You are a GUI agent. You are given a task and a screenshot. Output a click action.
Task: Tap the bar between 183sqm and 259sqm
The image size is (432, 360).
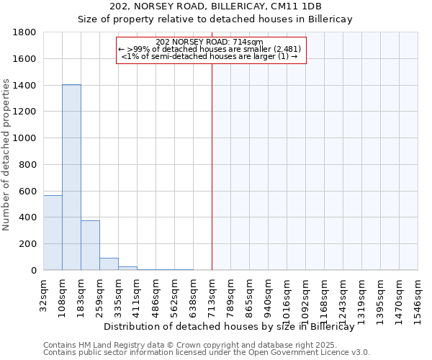coord(90,245)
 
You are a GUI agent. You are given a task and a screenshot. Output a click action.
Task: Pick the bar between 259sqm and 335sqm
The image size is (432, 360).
coord(109,264)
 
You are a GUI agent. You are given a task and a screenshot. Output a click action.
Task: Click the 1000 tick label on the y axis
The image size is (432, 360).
coord(26,138)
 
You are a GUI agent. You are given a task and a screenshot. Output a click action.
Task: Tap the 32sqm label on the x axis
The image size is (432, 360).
coord(43,295)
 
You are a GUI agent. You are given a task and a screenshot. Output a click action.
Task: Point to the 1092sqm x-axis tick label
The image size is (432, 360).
coord(305,300)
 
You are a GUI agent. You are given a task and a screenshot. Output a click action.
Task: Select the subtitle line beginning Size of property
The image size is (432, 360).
coord(215,19)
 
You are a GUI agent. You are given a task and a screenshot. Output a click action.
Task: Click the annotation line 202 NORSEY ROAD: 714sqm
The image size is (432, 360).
coord(210,42)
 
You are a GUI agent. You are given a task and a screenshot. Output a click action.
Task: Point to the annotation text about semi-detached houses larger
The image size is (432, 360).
coord(210,56)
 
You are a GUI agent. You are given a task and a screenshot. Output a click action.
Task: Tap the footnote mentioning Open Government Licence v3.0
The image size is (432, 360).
coord(207,353)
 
